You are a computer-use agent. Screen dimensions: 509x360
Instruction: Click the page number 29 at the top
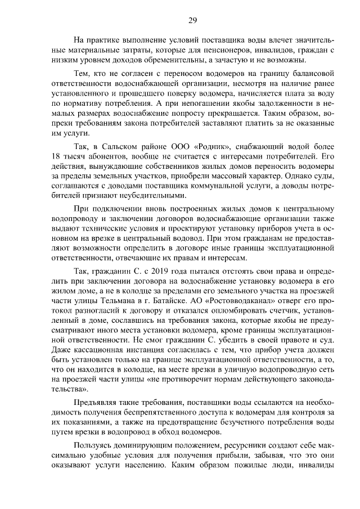tap(192, 21)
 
